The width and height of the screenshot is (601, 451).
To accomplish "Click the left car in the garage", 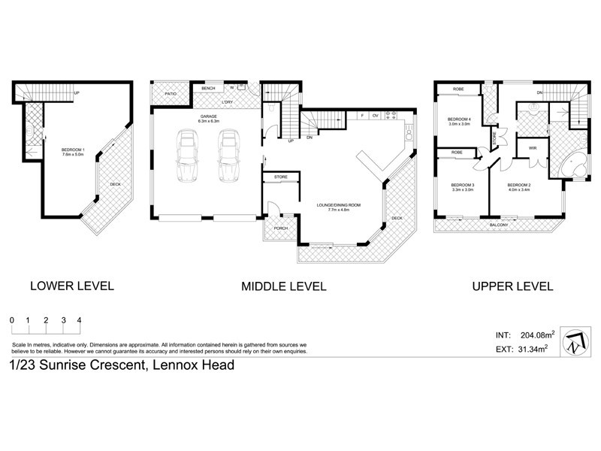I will (x=186, y=156).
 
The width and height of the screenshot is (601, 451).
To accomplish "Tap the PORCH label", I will (x=280, y=228).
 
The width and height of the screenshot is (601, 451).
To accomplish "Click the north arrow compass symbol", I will (x=575, y=341).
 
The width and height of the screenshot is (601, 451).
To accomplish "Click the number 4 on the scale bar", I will (x=79, y=319).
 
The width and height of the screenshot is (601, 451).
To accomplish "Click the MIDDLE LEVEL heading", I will (x=283, y=286).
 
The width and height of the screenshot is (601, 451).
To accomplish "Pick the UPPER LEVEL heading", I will (x=512, y=286).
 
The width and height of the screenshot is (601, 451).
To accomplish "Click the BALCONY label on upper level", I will (x=499, y=225).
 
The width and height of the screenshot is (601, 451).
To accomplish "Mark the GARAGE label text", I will (x=208, y=117).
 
